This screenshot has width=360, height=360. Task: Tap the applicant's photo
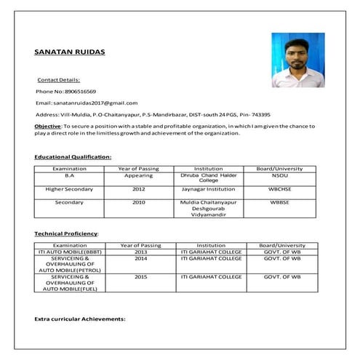tap(297, 60)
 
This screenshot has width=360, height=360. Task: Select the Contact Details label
tap(58, 79)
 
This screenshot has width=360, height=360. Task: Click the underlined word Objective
tap(47, 127)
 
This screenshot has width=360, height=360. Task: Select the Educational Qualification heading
tap(73, 156)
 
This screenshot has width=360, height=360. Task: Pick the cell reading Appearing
tap(138, 176)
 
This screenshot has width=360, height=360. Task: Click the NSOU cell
tap(279, 176)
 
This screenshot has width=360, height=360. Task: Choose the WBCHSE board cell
tap(279, 189)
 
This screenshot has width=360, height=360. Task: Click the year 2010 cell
tap(138, 202)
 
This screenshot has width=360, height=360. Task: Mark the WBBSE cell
tap(279, 202)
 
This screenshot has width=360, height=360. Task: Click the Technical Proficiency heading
tap(66, 233)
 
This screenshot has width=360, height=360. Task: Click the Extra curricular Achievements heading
tap(80, 319)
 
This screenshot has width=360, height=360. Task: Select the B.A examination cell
tap(70, 176)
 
